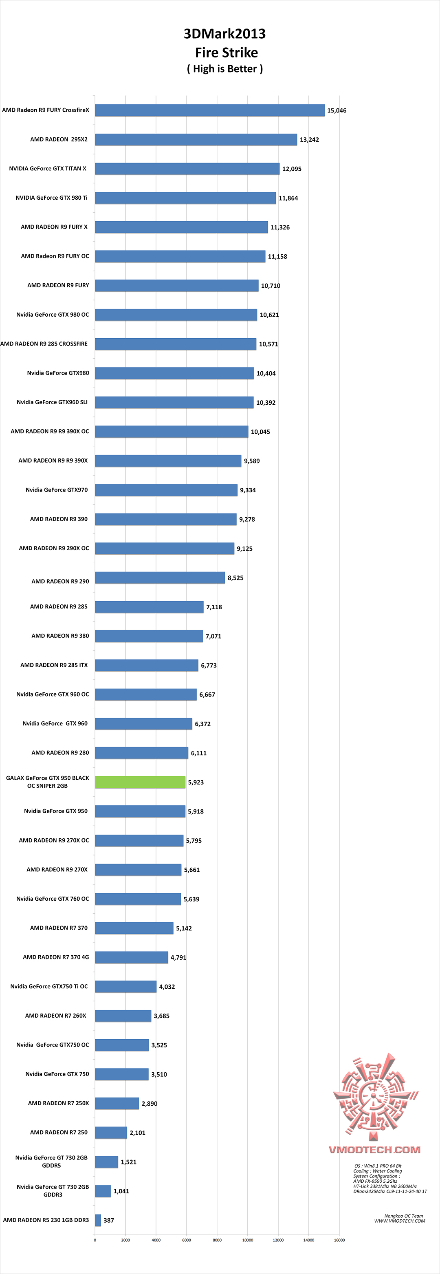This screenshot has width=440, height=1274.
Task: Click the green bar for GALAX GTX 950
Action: point(140,782)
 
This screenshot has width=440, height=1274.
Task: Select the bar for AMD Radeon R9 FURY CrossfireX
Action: point(210,110)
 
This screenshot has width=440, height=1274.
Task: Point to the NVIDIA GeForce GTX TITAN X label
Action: point(47,169)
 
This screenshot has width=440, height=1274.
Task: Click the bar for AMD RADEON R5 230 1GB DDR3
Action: point(98,1220)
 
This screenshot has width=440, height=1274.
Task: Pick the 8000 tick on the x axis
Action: point(217,1240)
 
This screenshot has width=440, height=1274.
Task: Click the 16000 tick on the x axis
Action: point(339,1240)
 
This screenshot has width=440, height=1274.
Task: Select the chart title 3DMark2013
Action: point(224,34)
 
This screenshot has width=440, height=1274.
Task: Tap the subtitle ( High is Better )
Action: point(224,69)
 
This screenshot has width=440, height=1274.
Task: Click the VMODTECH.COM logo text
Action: point(375,1149)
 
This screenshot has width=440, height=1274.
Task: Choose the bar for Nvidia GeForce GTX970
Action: point(166,490)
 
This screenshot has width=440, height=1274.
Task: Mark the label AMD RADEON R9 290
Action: point(60,581)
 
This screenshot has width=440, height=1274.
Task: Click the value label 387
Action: point(109,1220)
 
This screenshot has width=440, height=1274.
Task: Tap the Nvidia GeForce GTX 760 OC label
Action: point(53,899)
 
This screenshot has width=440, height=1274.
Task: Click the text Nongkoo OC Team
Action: point(403,1216)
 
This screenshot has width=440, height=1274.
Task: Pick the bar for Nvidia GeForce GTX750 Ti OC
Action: point(125,987)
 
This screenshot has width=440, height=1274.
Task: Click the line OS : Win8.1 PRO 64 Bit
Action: point(378,1166)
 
